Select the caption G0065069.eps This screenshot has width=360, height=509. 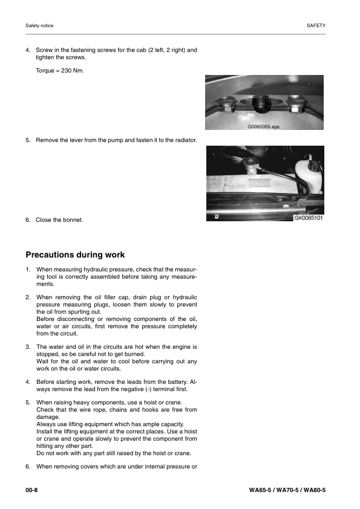(264, 128)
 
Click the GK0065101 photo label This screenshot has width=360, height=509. (309, 218)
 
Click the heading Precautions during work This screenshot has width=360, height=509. (75, 254)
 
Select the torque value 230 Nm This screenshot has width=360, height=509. (60, 71)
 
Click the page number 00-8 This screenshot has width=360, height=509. (31, 488)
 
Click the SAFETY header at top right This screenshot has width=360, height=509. (316, 25)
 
